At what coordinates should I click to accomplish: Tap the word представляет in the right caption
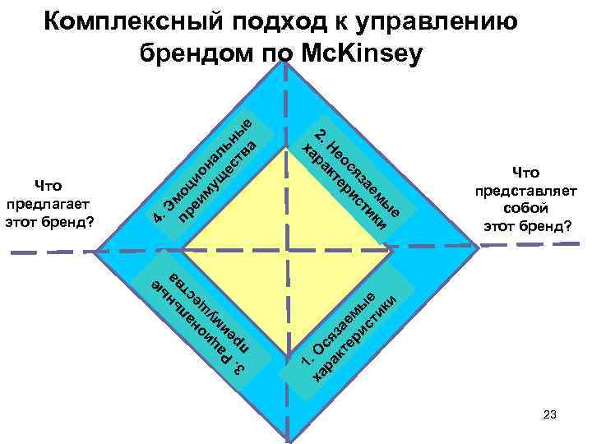point(525,190)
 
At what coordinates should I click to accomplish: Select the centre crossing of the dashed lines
point(285,247)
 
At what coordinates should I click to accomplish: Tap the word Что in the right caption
point(525,173)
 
